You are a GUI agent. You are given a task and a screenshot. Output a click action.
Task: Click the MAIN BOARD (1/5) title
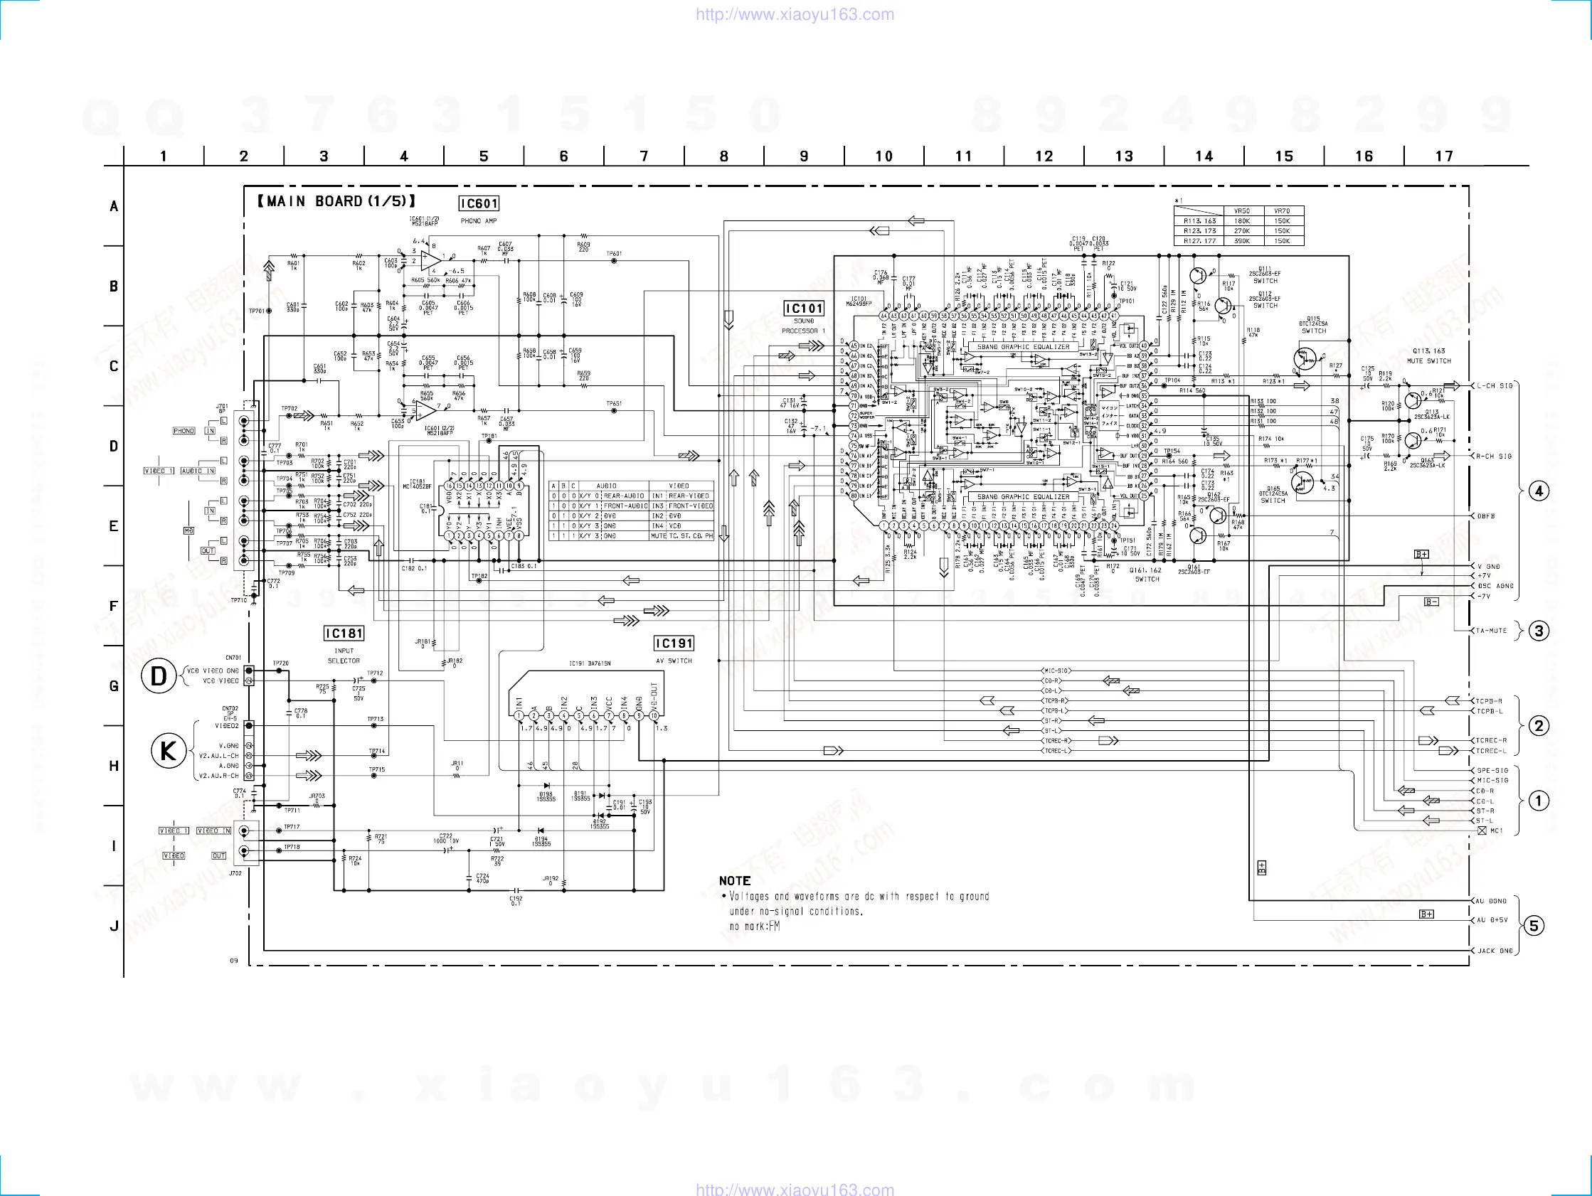tap(336, 201)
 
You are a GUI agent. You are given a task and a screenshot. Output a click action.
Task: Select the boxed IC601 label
tap(479, 203)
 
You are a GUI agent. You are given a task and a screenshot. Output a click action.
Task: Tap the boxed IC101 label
tap(804, 309)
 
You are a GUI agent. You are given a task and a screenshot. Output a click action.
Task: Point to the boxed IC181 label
tap(344, 634)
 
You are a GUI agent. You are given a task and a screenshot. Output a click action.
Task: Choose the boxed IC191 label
tap(674, 644)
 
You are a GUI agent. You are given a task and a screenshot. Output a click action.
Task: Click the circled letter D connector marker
tap(159, 676)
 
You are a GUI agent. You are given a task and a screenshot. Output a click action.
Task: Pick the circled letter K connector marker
tap(168, 752)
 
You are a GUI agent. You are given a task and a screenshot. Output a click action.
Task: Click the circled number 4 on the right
tap(1539, 491)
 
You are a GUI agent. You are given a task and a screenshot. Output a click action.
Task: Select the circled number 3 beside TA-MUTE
tap(1539, 631)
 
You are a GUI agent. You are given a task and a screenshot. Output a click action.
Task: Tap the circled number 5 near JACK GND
tap(1534, 925)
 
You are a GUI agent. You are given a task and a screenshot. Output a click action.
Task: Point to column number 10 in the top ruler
tap(883, 156)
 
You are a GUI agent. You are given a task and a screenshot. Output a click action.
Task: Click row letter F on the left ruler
tap(113, 606)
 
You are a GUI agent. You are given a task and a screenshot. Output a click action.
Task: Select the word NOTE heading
tap(735, 881)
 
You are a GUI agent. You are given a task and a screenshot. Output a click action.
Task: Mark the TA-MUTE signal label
tap(1491, 631)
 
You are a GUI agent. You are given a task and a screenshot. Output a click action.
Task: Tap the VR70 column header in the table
tap(1282, 212)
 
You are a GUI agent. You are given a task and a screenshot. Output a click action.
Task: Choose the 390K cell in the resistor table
tap(1241, 241)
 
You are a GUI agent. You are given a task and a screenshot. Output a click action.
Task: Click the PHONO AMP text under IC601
tap(479, 221)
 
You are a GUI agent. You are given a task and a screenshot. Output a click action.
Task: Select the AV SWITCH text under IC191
tap(674, 661)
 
